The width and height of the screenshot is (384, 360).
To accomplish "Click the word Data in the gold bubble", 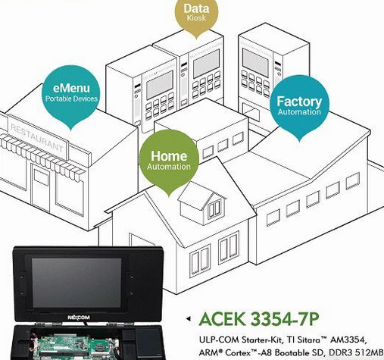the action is pos(196,8).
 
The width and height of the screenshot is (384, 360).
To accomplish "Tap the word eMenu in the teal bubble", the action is pos(71,88).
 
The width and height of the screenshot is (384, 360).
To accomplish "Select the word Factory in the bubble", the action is pos(299,102).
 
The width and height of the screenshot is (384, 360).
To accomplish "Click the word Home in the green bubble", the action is pos(169,156).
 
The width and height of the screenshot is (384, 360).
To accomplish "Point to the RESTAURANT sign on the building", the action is pos(37,137).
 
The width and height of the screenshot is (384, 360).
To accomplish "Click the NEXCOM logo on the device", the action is pos(79,318).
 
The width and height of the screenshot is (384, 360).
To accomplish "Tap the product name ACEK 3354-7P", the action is pos(259,319).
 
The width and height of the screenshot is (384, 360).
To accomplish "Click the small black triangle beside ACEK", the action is pos(188,319).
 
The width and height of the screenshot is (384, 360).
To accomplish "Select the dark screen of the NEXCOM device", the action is pos(76,282).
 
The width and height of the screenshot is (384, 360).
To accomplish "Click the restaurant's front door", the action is pos(41,187).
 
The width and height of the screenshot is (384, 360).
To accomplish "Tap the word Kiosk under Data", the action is pos(196,18).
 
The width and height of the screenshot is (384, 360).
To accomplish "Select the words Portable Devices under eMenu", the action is pos(71,99).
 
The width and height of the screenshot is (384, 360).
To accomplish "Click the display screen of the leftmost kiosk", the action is pos(160,85).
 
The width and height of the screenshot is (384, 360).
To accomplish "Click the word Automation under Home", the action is pos(169,167).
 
